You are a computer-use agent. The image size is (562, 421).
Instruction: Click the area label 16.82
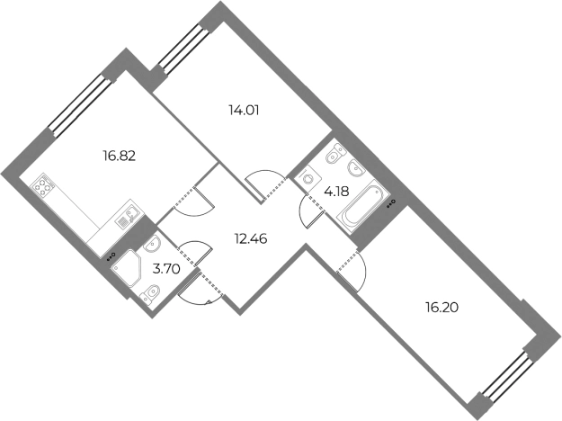(120, 156)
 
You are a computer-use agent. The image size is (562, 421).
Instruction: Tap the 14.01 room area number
(244, 111)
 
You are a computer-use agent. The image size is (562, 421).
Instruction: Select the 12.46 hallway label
(251, 238)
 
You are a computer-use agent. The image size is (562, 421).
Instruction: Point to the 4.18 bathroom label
(336, 192)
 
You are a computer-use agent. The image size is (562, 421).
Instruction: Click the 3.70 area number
(166, 269)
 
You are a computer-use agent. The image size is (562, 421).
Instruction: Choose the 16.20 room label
(442, 308)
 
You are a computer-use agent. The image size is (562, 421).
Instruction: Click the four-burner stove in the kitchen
(43, 185)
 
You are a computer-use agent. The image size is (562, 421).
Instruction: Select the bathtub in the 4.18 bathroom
(363, 206)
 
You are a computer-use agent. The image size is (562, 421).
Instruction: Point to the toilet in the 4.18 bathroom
(336, 153)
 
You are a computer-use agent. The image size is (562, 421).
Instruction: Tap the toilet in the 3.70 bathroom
(150, 293)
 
